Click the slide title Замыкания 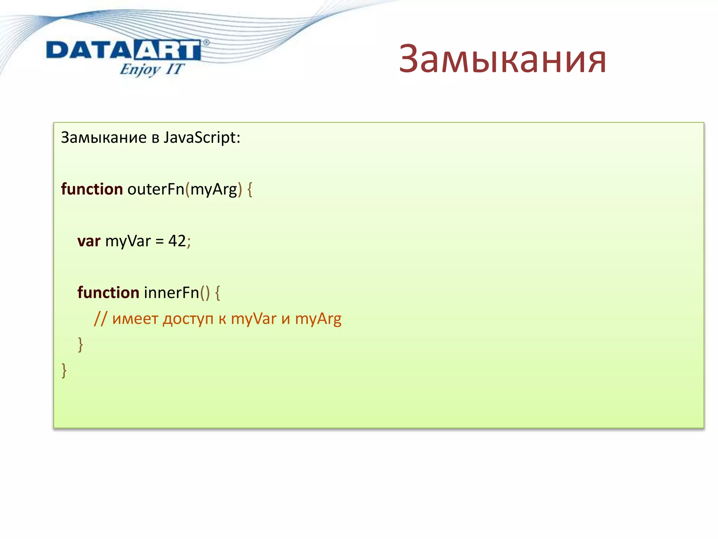click(502, 59)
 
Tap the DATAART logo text click(123, 50)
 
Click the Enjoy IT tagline click(151, 69)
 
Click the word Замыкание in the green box click(104, 138)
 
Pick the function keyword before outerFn click(92, 189)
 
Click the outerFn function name click(156, 189)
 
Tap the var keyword click(89, 241)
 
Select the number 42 click(177, 241)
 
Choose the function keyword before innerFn click(108, 293)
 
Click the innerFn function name click(171, 293)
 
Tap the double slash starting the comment click(100, 319)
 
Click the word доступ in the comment click(188, 319)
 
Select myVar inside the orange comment click(253, 319)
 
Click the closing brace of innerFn click(80, 345)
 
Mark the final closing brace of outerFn click(64, 370)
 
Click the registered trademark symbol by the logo click(206, 42)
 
